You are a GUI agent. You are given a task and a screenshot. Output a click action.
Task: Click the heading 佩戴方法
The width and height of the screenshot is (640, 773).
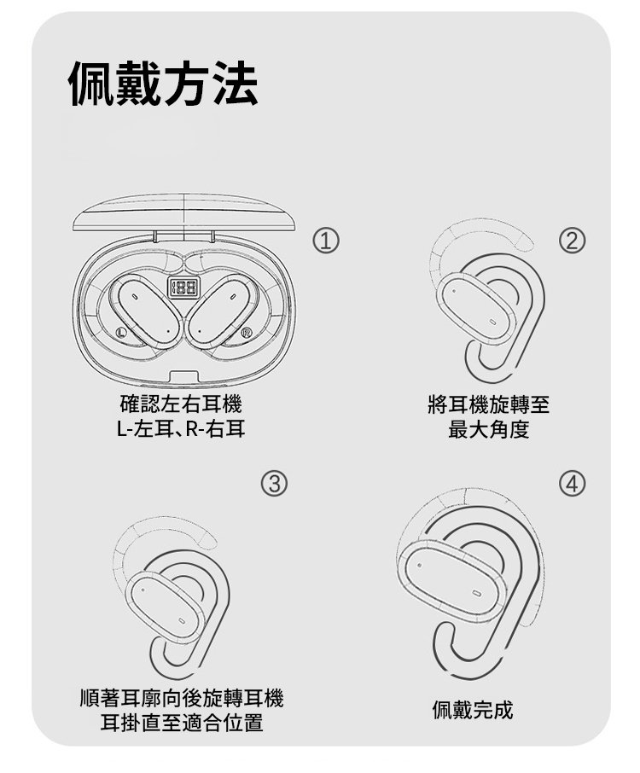pos(162,84)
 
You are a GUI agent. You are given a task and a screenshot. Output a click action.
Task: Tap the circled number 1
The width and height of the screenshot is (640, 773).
pos(326,241)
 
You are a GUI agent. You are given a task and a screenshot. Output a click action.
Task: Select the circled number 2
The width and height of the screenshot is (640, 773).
pos(572,241)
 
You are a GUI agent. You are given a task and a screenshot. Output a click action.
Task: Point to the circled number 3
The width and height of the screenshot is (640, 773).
pos(274,484)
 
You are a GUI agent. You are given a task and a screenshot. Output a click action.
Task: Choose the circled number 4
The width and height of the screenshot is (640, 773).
pos(572,484)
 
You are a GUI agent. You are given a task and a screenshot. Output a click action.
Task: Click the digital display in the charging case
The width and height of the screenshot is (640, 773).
pos(184,287)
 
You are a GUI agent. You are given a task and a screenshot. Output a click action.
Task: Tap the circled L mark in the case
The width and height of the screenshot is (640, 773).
pos(119,332)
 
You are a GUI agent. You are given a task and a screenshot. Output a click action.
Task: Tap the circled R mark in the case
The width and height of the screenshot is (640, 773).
pos(247,332)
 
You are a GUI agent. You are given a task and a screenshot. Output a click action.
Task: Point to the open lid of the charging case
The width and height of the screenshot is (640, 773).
pos(184,212)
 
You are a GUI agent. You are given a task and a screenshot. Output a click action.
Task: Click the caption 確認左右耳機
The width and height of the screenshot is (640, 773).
pos(181,404)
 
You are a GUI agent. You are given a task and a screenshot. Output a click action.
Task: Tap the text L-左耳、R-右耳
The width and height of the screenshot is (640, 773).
pos(181,429)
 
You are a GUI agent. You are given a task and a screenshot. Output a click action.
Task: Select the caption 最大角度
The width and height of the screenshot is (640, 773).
pos(488,429)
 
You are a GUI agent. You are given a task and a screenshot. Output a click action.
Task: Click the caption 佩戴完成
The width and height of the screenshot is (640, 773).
pos(473,710)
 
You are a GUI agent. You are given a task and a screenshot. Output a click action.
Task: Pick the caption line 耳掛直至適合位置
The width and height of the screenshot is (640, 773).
pos(182,723)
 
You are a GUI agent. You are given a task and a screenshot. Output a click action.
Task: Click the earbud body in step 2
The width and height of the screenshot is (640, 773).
pos(476,309)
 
